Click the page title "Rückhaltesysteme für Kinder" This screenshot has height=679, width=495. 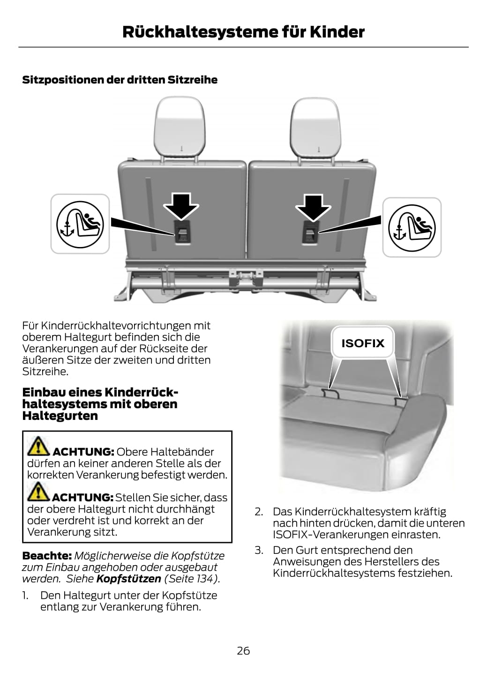[243, 32]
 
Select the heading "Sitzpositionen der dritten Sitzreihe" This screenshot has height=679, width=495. [120, 80]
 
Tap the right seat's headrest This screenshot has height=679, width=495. [315, 127]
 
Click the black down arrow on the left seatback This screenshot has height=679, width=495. [181, 206]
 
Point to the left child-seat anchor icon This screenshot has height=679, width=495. [80, 224]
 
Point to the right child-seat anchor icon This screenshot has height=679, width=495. [412, 227]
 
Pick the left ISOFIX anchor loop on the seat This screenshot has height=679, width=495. [330, 394]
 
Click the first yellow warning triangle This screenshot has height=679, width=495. [38, 447]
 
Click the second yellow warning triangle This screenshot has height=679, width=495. [38, 492]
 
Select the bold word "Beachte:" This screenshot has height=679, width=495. [47, 556]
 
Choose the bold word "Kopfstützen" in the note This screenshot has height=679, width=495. [128, 579]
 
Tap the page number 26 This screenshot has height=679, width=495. [243, 651]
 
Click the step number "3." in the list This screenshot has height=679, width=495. [259, 550]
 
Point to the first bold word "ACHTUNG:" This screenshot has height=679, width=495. [83, 452]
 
